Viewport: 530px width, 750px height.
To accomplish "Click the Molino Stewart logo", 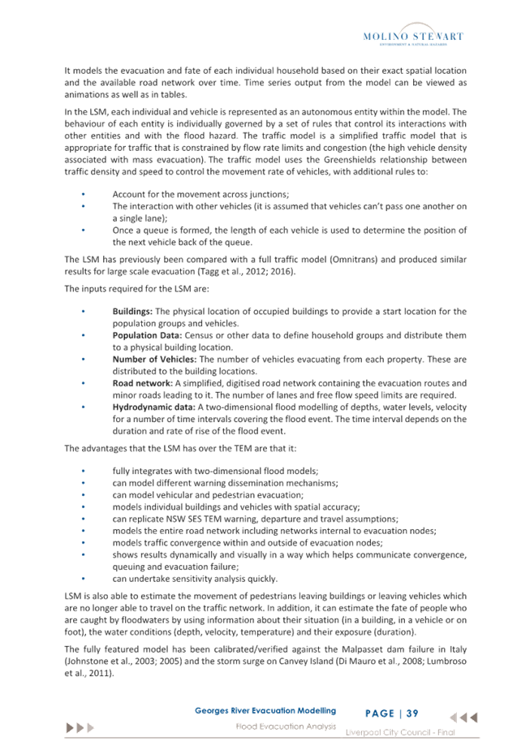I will (412, 37).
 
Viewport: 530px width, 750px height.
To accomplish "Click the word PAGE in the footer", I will (380, 713).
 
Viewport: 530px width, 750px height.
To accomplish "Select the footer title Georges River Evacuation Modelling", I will (265, 711).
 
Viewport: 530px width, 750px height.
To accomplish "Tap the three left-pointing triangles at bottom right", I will (463, 718).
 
